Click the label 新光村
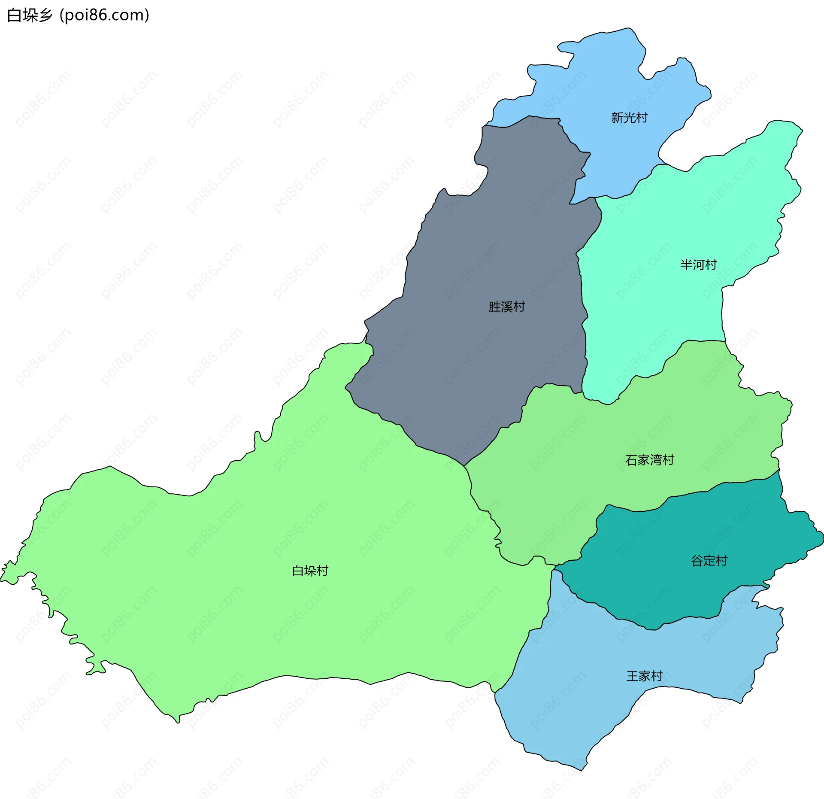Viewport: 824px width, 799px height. tap(629, 118)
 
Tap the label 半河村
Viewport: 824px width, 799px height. tap(698, 264)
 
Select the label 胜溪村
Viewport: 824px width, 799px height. tap(506, 307)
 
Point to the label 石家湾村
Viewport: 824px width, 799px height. tap(649, 460)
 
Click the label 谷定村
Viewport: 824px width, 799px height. tap(709, 560)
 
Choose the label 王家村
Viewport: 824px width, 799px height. tap(644, 676)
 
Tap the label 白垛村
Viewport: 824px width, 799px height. tap(310, 571)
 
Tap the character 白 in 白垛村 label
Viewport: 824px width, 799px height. tap(298, 571)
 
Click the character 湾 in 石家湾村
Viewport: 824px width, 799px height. tap(655, 460)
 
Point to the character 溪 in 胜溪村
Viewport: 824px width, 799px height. tap(506, 307)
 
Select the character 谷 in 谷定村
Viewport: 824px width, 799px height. tap(697, 560)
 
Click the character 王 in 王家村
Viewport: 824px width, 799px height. tap(632, 676)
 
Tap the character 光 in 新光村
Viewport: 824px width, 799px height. tap(629, 118)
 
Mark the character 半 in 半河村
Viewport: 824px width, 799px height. tap(686, 264)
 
